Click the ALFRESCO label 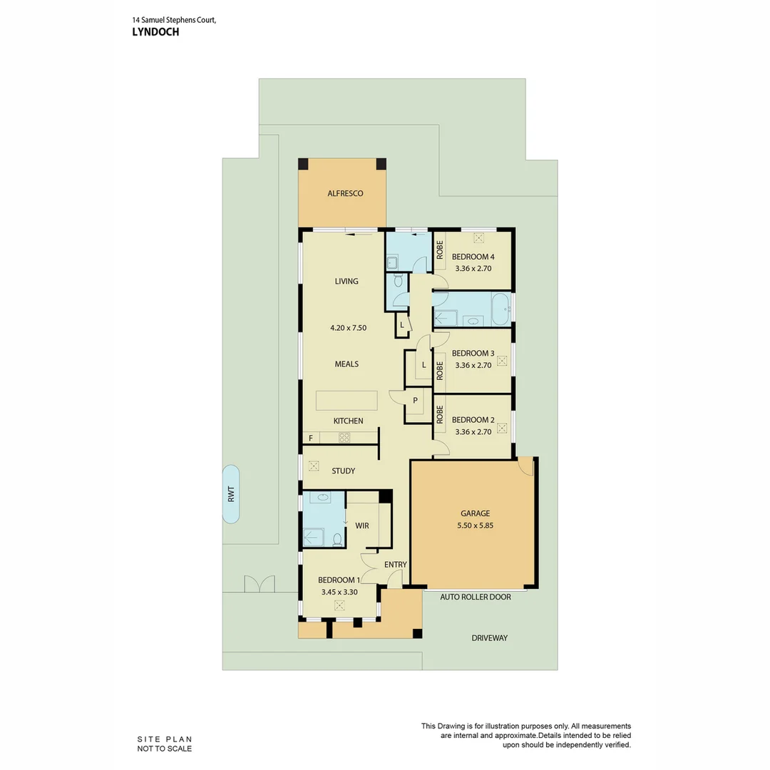tap(345, 193)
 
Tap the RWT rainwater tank tap(231, 494)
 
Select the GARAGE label tap(475, 513)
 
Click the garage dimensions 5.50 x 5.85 tap(475, 525)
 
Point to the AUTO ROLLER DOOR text tap(476, 597)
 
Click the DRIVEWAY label tap(489, 638)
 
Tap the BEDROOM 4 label tap(473, 257)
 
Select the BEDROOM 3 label tap(473, 353)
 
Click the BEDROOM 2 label tap(473, 420)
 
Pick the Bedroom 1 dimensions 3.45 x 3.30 tap(339, 592)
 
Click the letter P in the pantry tap(415, 400)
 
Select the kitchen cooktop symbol tap(344, 438)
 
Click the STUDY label tap(343, 471)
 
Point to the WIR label tap(361, 525)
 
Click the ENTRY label tap(395, 565)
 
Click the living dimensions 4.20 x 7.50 tap(348, 328)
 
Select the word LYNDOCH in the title tap(155, 32)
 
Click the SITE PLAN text tap(165, 739)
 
